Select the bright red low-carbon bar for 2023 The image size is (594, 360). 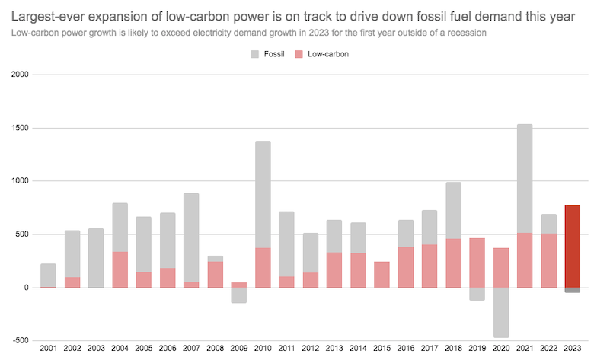573,247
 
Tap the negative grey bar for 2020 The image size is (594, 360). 501,312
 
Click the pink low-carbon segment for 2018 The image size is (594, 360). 453,263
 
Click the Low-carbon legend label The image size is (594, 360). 328,54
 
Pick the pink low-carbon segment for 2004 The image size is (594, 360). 120,269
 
